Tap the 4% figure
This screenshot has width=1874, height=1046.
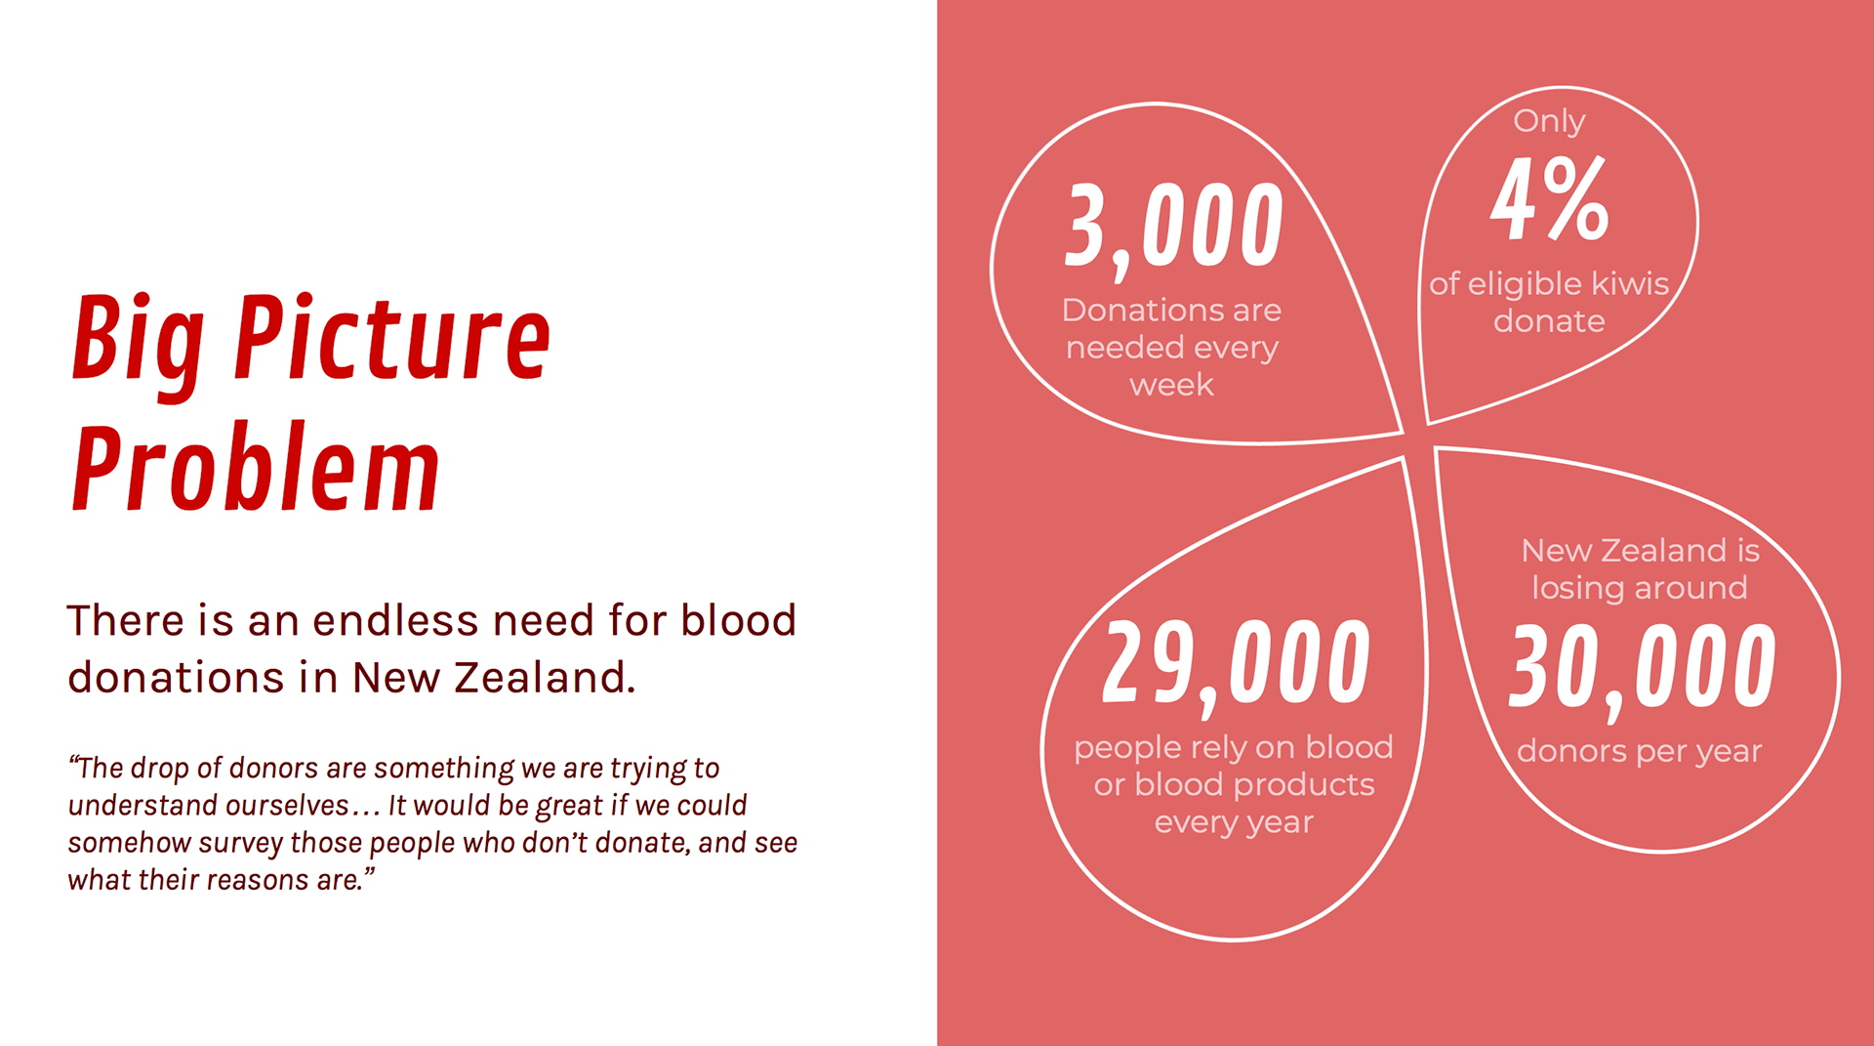[1549, 199]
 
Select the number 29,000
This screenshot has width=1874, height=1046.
[1236, 666]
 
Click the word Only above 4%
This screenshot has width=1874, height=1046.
[1549, 122]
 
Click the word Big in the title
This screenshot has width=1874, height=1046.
[139, 342]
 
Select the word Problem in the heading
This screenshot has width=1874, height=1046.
[256, 468]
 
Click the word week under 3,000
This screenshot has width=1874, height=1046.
[1171, 385]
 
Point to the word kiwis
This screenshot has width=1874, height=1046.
[1630, 283]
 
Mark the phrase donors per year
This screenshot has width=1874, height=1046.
[1640, 752]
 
